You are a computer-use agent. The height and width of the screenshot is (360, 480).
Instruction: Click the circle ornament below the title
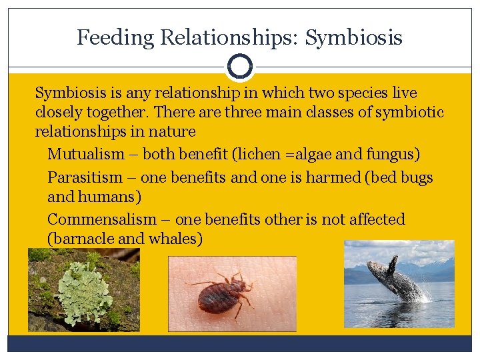click(240, 66)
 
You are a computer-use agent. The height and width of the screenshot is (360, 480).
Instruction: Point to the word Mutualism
click(86, 155)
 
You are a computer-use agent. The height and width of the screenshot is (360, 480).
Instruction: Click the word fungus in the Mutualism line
click(393, 155)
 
